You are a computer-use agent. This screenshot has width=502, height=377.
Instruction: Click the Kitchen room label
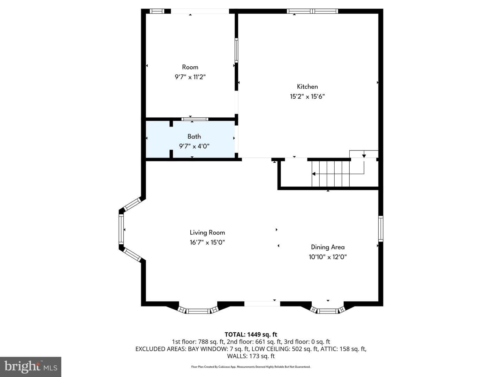[x=307, y=87]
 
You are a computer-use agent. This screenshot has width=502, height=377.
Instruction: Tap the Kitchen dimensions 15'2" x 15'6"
[x=307, y=96]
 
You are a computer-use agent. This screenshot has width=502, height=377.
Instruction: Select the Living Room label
[x=207, y=232]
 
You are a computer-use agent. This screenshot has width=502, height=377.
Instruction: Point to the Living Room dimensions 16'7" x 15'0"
[x=207, y=242]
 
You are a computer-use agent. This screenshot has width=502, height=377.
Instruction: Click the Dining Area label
[x=328, y=247]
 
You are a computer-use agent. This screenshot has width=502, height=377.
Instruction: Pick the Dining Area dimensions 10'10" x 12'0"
[x=328, y=257]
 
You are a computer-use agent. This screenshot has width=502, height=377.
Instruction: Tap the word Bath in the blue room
[x=194, y=136]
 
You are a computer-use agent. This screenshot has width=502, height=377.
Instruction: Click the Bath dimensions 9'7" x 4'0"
[x=194, y=146]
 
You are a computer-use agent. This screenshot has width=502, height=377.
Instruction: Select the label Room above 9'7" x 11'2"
[x=190, y=67]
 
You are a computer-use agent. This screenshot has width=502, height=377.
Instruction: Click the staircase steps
[x=330, y=174]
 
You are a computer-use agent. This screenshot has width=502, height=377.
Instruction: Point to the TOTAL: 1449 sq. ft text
[x=251, y=335]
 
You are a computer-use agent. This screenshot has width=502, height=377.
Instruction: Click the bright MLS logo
[x=31, y=367]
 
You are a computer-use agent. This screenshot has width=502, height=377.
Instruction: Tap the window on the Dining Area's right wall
[x=381, y=228]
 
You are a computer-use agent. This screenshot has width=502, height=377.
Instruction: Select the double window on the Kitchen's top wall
[x=312, y=11]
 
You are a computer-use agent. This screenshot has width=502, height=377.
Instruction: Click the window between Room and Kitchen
[x=236, y=50]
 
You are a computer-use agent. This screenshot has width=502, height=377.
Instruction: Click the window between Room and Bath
[x=195, y=119]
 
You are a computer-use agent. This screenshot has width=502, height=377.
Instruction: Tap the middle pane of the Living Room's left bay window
[x=121, y=229]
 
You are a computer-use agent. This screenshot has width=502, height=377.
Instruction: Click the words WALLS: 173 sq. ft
[x=251, y=356]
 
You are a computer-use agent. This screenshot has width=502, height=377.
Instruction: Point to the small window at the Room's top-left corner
[x=157, y=11]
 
